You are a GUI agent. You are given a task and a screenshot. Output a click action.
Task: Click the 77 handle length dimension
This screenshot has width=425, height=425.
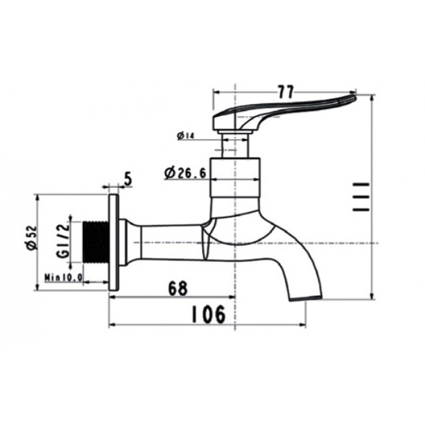click(285, 91)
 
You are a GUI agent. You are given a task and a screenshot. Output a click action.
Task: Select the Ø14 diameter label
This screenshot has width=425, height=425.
click(187, 136)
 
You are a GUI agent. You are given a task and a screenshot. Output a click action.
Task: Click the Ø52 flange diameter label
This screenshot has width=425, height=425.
click(31, 237)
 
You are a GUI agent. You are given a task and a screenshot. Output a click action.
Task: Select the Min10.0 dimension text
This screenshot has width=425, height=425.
click(64, 277)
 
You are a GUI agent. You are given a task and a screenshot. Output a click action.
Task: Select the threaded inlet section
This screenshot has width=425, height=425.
click(95, 241)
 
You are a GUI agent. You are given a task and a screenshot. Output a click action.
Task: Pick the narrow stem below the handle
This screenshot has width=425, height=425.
click(236, 142)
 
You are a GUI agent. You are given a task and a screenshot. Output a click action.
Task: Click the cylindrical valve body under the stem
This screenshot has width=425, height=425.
click(236, 176)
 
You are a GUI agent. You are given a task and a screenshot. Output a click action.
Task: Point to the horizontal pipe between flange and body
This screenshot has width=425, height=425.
click(169, 241)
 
